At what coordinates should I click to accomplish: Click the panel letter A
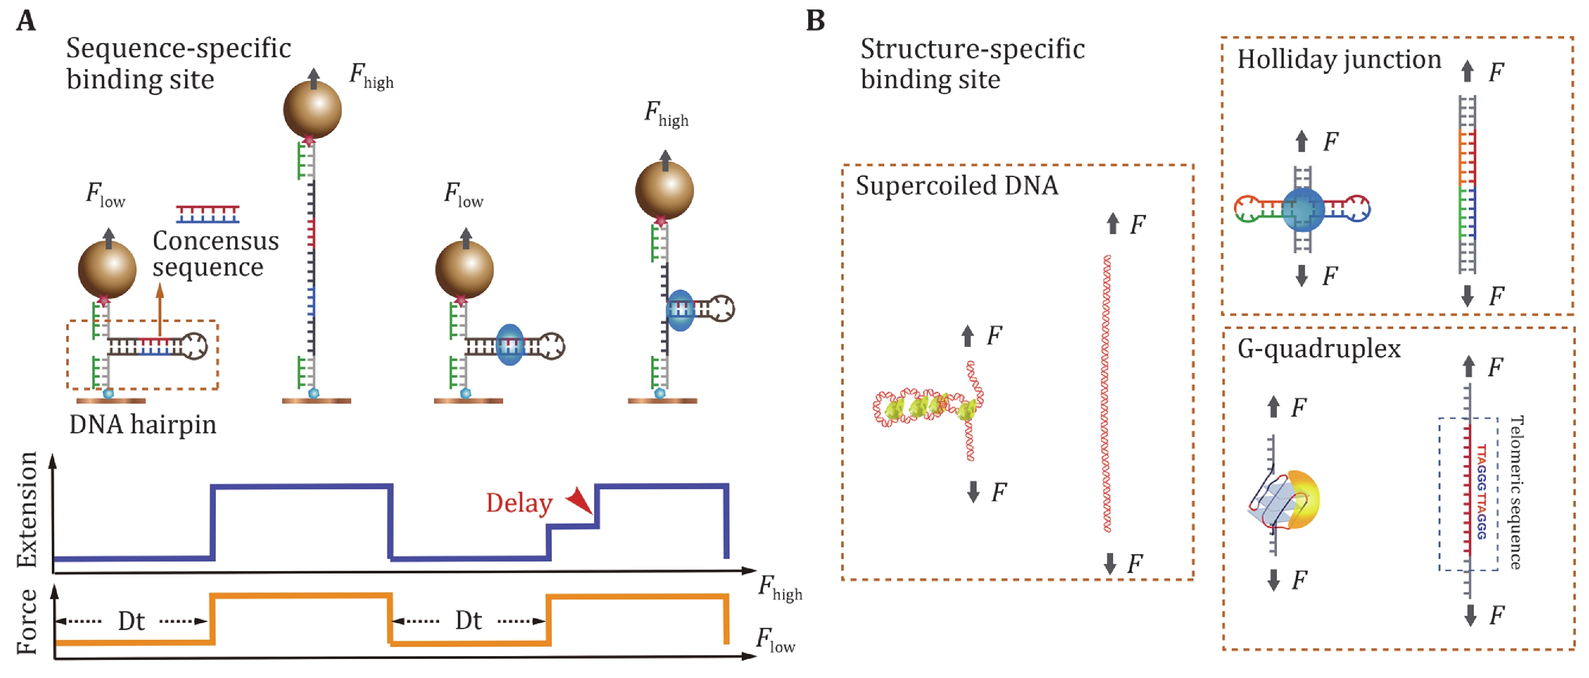pyautogui.click(x=26, y=21)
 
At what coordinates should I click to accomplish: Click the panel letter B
pyautogui.click(x=815, y=21)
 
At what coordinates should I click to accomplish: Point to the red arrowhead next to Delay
pyautogui.click(x=580, y=500)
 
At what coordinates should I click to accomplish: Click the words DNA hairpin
pyautogui.click(x=142, y=425)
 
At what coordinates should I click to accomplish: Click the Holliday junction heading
pyautogui.click(x=1339, y=60)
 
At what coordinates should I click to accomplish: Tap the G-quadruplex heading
pyautogui.click(x=1319, y=349)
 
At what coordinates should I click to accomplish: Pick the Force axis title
pyautogui.click(x=27, y=621)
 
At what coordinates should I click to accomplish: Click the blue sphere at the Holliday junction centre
pyautogui.click(x=1303, y=210)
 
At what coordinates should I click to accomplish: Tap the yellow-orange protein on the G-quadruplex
pyautogui.click(x=1303, y=500)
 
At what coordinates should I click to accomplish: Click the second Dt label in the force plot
pyautogui.click(x=468, y=621)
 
